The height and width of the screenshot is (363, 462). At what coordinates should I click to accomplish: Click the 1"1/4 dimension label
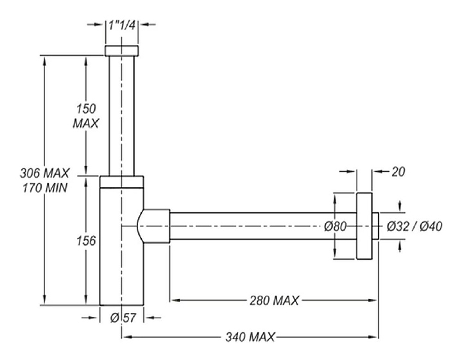[x=121, y=25]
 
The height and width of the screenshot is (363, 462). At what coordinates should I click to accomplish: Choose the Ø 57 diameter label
[x=121, y=317]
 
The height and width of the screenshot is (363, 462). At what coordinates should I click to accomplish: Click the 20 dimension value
[x=398, y=172]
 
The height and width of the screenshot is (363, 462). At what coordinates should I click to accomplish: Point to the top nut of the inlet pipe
[x=121, y=51]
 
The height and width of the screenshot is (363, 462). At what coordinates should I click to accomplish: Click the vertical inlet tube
[x=121, y=115]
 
